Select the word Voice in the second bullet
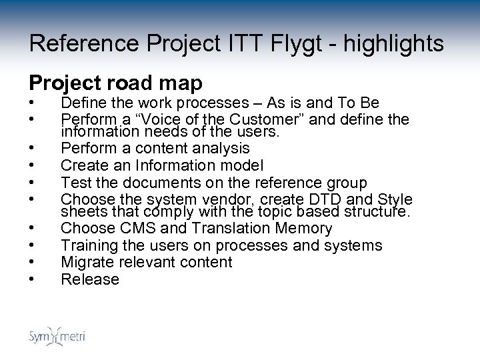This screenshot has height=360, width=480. click(x=147, y=119)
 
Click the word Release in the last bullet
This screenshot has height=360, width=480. click(x=90, y=279)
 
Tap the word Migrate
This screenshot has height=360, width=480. click(x=87, y=262)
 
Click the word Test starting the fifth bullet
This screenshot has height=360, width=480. click(x=76, y=181)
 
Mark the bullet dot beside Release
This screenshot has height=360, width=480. click(x=32, y=279)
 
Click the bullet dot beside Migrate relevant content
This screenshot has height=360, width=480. click(x=32, y=262)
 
